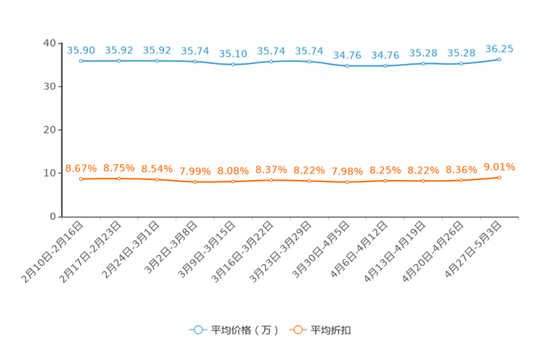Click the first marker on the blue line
81,61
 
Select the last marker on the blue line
499,59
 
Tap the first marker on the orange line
81,179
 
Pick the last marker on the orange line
499,177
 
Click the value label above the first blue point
81,50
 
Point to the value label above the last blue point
499,49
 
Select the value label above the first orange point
81,168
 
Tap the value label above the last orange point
499,166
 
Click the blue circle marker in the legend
198,330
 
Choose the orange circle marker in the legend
298,330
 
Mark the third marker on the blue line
157,61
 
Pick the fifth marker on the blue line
233,65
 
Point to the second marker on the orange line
119,178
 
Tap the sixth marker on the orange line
271,180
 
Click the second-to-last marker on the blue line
461,64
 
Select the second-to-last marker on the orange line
461,180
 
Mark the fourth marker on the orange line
195,182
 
